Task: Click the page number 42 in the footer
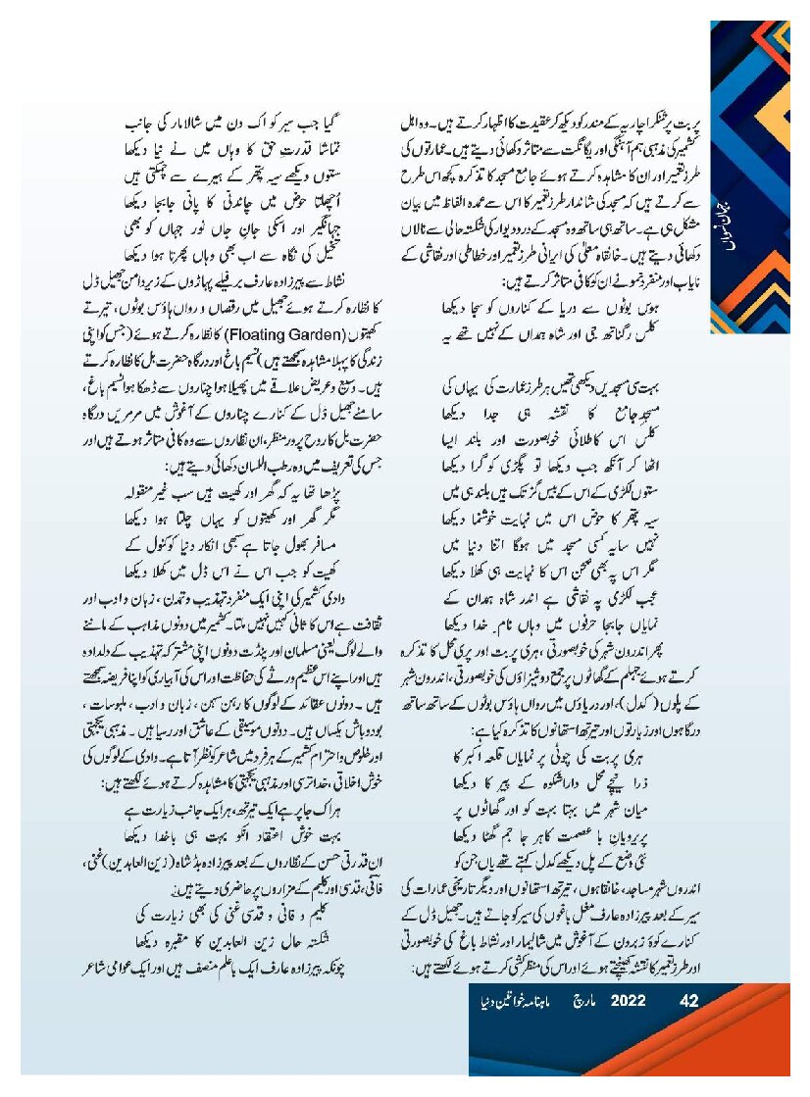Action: pyautogui.click(x=688, y=1002)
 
